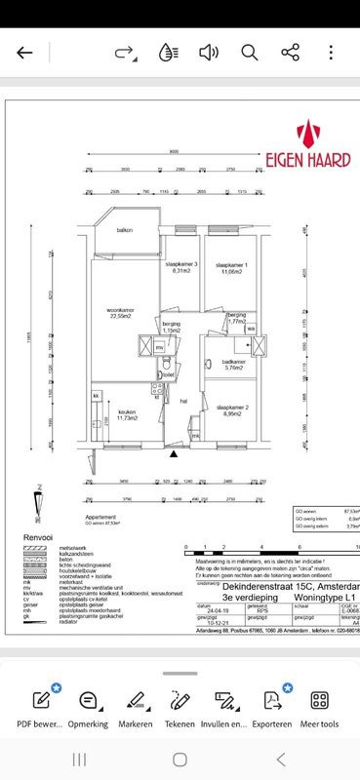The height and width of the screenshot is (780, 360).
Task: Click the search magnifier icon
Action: click(x=249, y=53)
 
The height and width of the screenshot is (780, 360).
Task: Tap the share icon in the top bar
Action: click(x=290, y=53)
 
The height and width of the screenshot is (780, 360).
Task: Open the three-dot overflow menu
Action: click(x=332, y=53)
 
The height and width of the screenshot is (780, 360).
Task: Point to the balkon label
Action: click(x=125, y=230)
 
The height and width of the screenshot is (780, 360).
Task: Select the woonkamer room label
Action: click(x=121, y=313)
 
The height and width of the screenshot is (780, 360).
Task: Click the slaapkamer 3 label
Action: click(x=181, y=267)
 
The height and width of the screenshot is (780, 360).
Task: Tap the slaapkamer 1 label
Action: click(x=231, y=267)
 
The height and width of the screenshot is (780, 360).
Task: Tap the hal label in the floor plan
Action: click(x=182, y=400)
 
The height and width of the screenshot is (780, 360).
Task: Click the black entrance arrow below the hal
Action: click(x=174, y=453)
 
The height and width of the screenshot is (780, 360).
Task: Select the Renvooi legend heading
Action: click(x=40, y=536)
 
